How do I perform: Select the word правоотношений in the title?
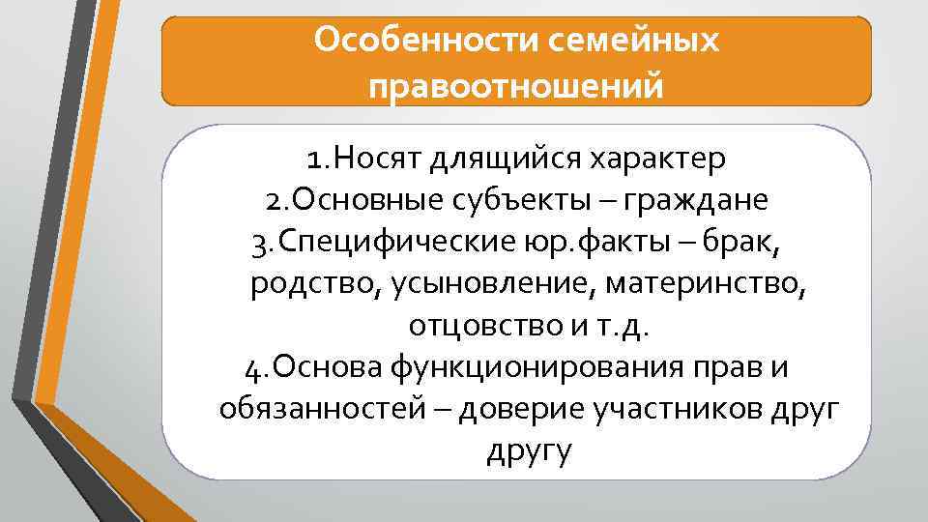(516, 87)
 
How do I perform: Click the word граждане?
(696, 200)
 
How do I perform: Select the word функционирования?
(549, 368)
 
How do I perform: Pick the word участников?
(691, 410)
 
